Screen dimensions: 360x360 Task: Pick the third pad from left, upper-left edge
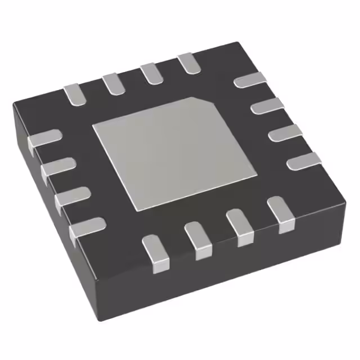point(151,73)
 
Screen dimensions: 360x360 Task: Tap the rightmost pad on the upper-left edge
point(189,63)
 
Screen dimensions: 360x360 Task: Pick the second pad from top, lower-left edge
point(58,167)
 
